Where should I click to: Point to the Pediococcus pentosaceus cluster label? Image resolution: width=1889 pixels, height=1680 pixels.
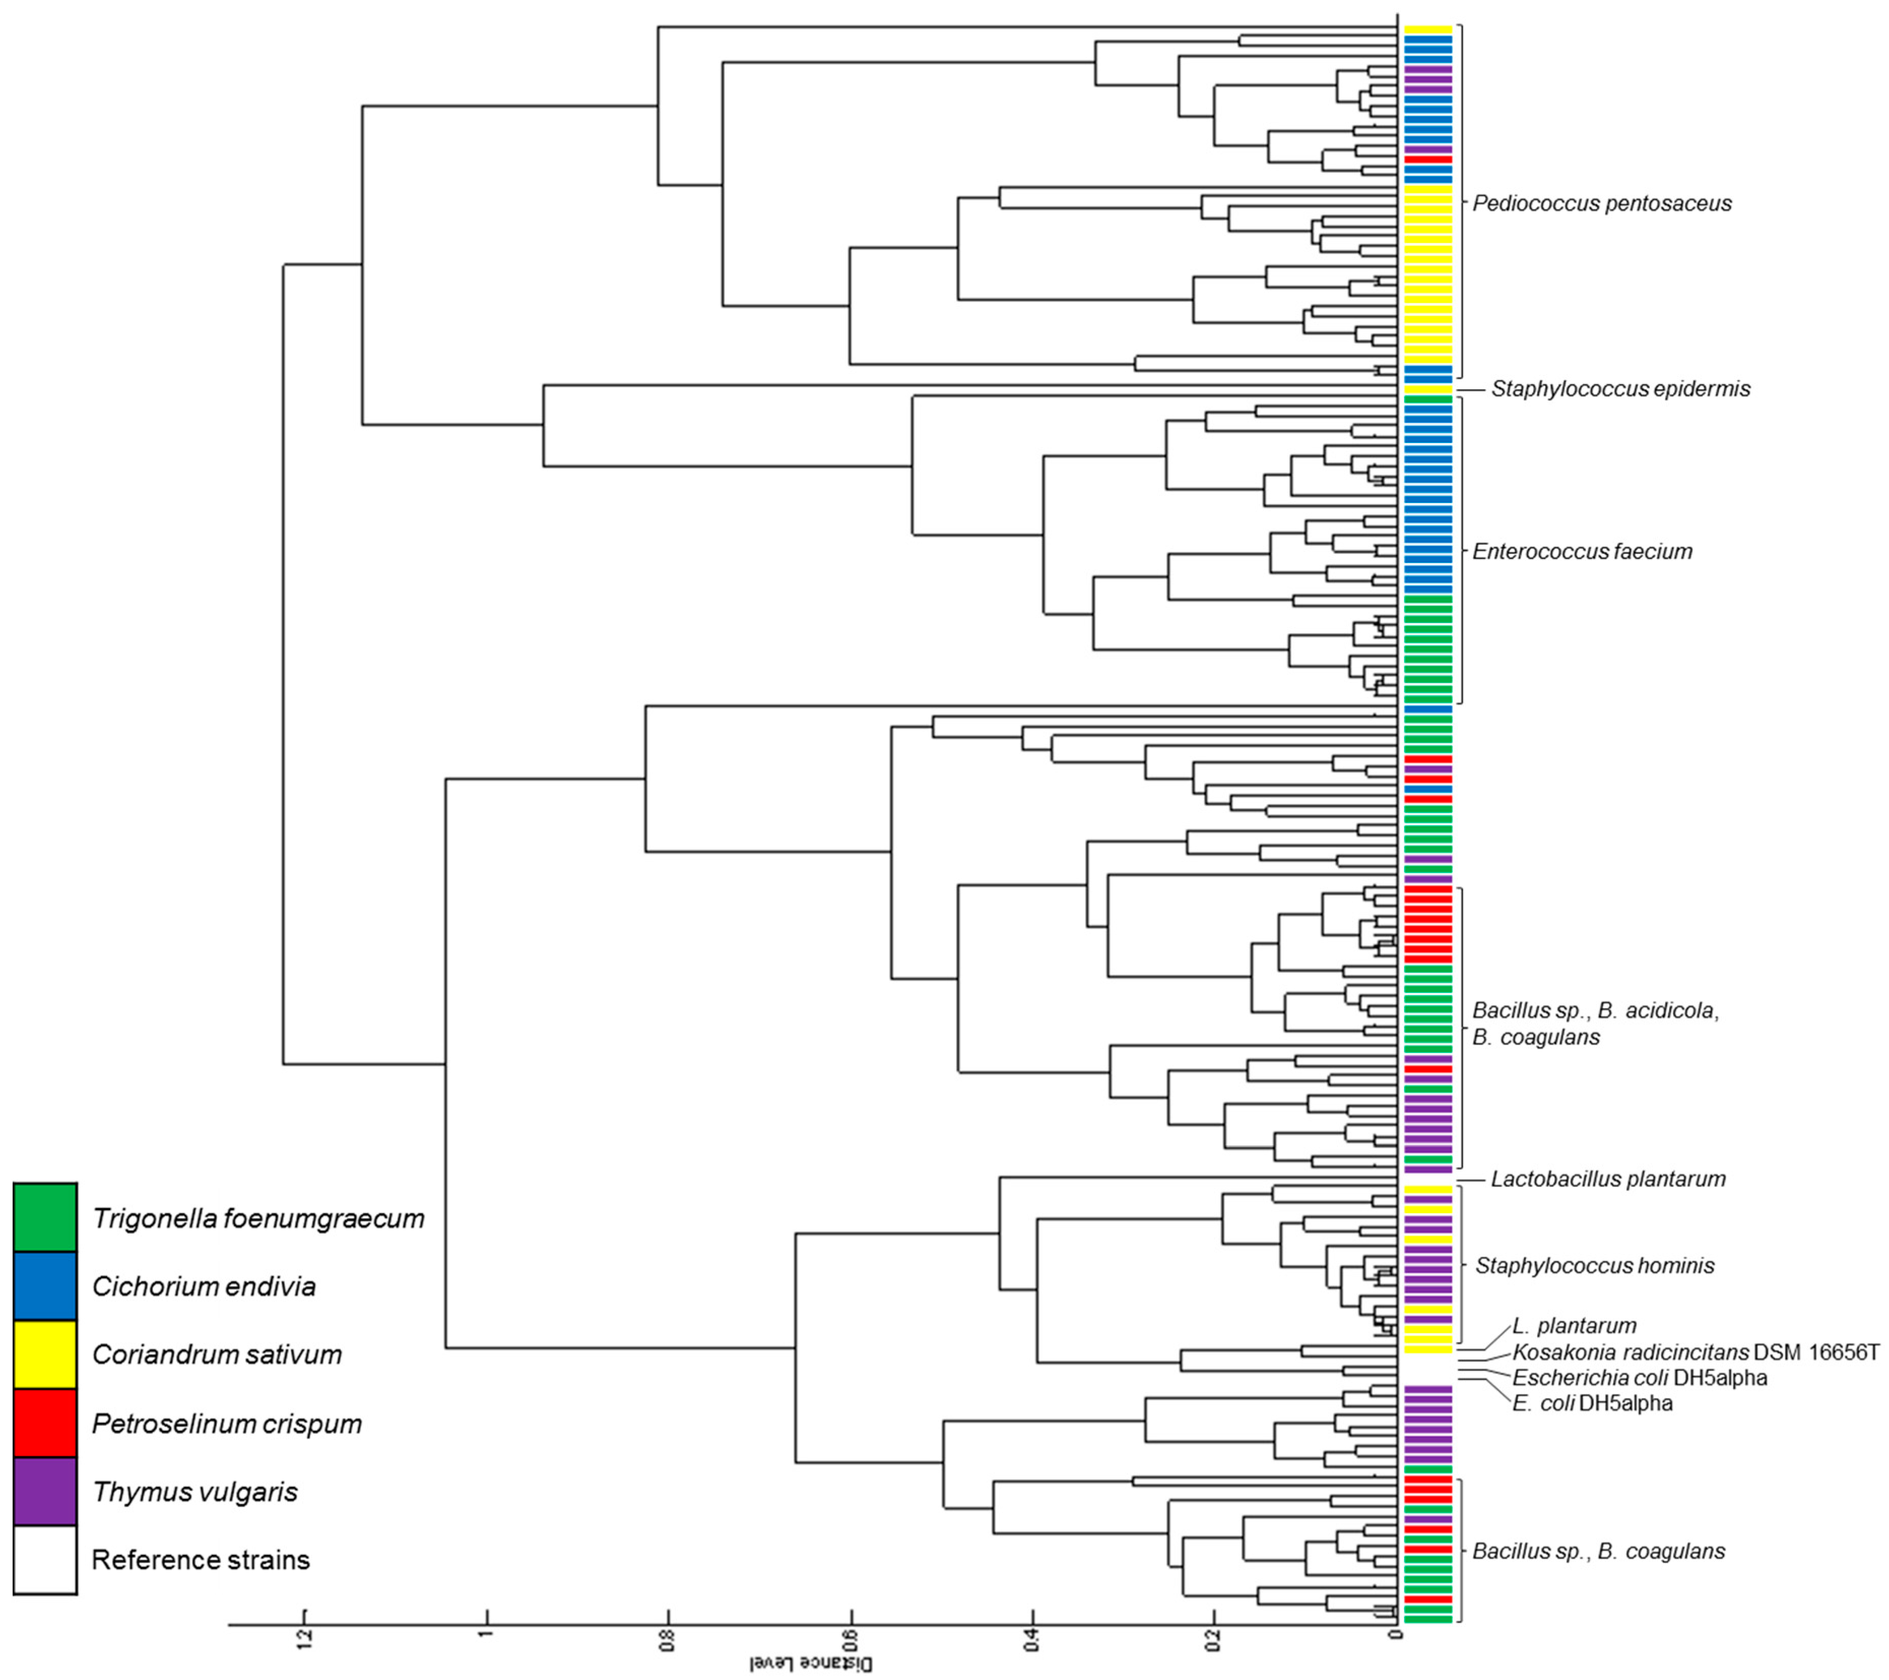click(1602, 203)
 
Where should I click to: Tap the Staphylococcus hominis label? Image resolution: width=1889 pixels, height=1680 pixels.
click(1594, 1266)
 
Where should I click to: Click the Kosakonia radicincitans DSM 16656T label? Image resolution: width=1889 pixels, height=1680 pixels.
click(1696, 1353)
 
